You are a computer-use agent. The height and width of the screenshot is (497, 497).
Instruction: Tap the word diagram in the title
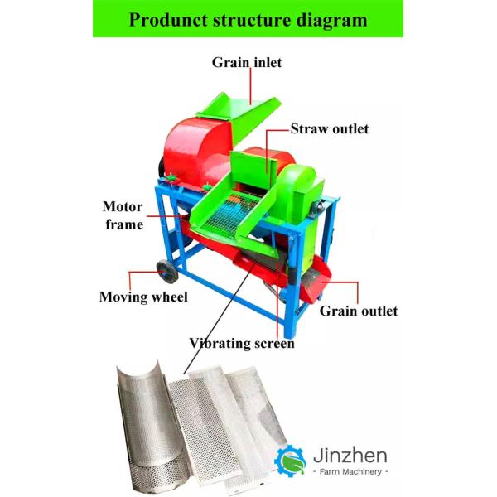pyautogui.click(x=331, y=20)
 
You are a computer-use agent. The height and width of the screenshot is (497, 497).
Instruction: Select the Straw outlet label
pyautogui.click(x=329, y=129)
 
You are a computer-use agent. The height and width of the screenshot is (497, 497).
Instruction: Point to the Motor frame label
pyautogui.click(x=123, y=215)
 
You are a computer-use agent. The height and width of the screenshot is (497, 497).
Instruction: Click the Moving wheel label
pyautogui.click(x=143, y=297)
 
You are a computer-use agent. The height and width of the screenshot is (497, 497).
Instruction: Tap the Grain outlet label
pyautogui.click(x=359, y=311)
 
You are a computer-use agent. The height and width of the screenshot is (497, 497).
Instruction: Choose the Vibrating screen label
pyautogui.click(x=242, y=342)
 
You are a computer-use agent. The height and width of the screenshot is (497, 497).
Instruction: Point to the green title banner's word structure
pyautogui.click(x=259, y=20)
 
